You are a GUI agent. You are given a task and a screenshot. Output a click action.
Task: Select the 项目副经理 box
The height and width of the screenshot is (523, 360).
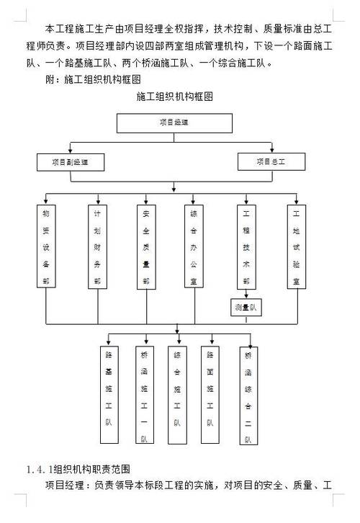click(x=70, y=161)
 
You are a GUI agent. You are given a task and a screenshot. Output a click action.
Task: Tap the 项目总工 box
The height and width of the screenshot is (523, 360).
click(x=271, y=161)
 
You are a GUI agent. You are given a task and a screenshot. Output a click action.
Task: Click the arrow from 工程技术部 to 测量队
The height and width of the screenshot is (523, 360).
click(x=246, y=294)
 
